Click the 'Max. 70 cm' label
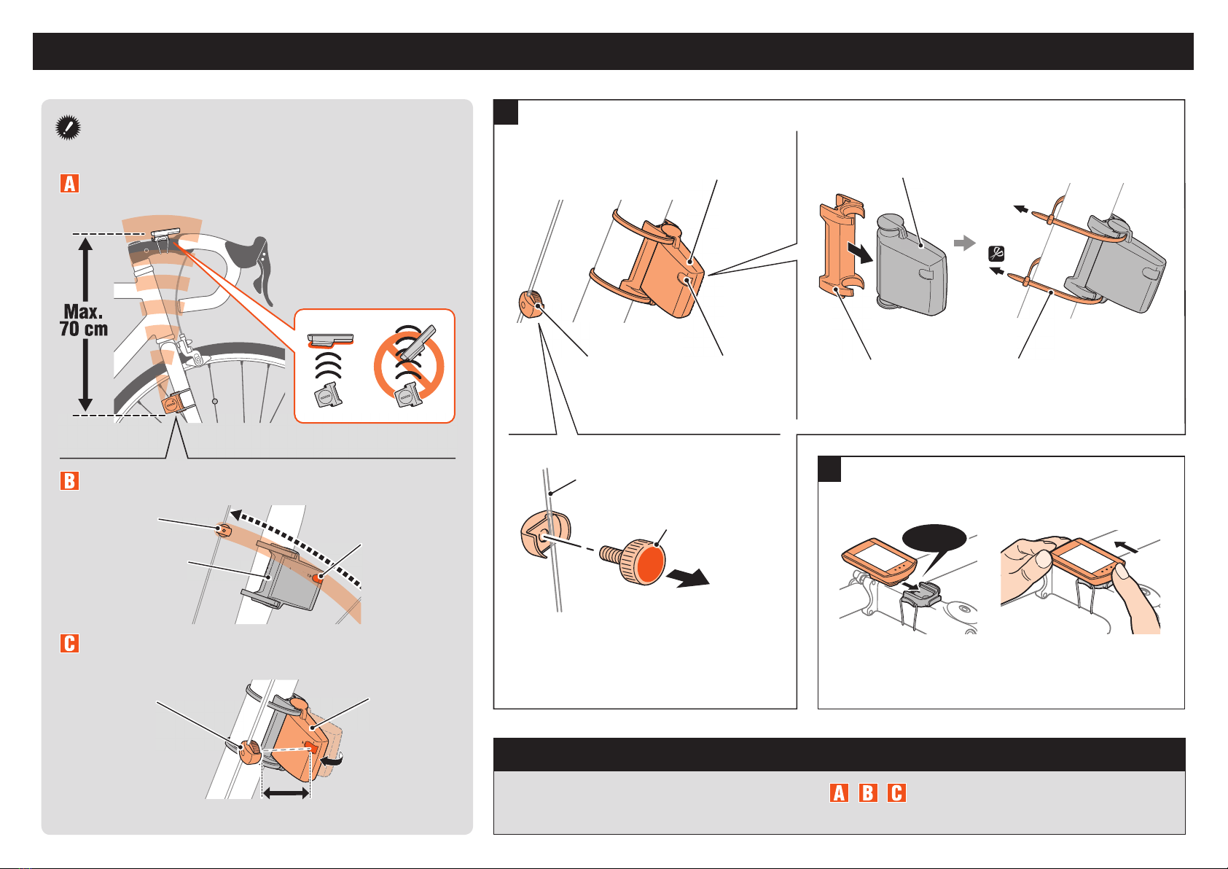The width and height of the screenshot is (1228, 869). tap(83, 320)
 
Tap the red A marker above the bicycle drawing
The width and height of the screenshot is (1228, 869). tap(70, 183)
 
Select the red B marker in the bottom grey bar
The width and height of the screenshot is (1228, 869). tap(868, 792)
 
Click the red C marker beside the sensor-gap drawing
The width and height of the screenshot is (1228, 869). tap(70, 643)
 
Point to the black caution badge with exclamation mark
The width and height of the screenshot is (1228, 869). tap(68, 128)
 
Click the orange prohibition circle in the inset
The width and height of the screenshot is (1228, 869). tap(409, 366)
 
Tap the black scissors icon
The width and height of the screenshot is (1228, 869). tap(996, 254)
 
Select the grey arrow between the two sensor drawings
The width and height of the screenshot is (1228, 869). tap(964, 242)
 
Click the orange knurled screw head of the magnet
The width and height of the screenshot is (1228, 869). tap(644, 562)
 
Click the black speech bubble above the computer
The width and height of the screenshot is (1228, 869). tap(935, 543)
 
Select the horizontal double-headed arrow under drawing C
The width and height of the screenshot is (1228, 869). tap(286, 792)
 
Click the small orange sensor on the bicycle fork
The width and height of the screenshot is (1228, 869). tap(171, 404)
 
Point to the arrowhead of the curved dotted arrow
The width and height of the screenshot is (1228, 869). tap(237, 515)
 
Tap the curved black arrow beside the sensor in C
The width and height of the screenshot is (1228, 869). tap(332, 760)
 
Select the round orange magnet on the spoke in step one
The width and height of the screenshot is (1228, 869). tap(531, 304)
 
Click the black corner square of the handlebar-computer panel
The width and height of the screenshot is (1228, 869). tap(829, 469)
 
